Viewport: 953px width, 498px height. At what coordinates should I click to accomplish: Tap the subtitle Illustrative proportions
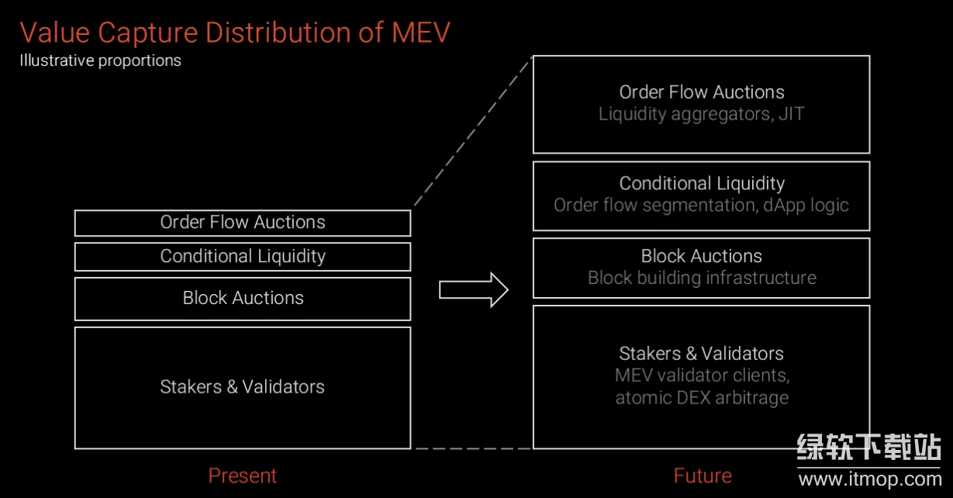point(100,61)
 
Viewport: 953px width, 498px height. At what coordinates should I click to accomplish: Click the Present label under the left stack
point(242,476)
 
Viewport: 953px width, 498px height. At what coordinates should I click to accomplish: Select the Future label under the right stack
point(703,476)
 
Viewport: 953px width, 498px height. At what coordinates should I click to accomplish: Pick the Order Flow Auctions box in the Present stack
point(243,223)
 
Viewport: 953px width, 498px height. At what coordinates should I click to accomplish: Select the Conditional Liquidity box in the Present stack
point(243,257)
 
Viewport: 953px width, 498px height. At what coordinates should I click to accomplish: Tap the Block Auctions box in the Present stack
point(243,299)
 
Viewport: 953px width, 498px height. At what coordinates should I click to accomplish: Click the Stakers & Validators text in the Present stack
point(243,387)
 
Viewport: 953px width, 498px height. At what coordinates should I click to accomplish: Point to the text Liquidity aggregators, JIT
point(702,114)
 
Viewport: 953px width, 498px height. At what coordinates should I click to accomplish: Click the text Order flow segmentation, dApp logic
point(702,206)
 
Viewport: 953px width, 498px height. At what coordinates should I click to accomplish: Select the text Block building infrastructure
point(702,278)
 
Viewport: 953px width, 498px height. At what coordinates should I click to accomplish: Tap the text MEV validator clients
point(702,375)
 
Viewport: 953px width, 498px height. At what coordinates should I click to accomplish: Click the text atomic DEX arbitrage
point(702,398)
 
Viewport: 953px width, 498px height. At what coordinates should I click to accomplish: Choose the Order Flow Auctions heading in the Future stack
point(702,92)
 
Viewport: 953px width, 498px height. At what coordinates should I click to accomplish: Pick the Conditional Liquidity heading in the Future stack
point(702,184)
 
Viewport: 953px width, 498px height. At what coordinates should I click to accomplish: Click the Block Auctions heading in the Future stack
point(702,256)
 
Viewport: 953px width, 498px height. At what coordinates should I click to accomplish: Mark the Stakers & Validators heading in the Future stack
point(702,354)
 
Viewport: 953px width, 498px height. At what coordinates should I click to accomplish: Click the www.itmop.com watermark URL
point(869,479)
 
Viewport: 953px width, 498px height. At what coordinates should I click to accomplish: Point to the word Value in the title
point(54,33)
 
